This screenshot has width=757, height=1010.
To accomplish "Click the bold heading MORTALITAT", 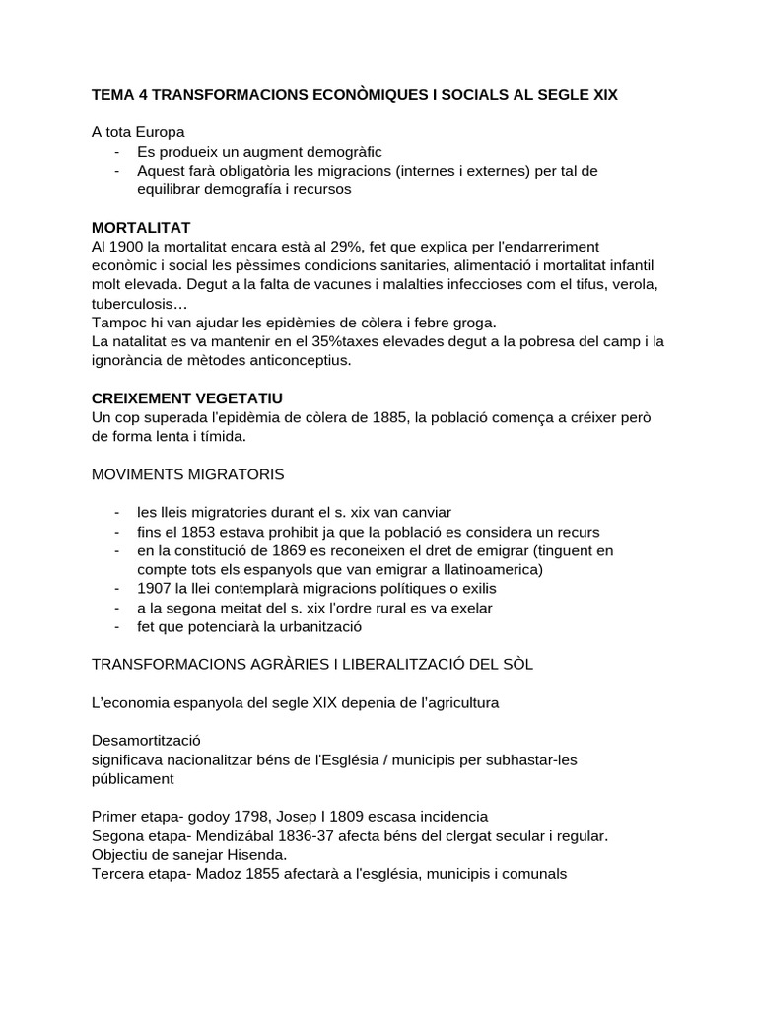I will (x=141, y=228).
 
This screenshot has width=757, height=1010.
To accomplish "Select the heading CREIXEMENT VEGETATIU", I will (x=186, y=397).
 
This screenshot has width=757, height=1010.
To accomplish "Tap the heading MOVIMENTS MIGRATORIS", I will (x=187, y=474).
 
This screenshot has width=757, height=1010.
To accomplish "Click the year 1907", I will (x=156, y=588).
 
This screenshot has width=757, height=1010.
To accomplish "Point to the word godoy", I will (x=202, y=817).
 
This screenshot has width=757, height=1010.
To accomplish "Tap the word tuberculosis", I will (x=136, y=303).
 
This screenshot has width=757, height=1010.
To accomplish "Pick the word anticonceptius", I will (x=295, y=360).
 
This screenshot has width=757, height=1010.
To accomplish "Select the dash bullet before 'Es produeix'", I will (x=117, y=152).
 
